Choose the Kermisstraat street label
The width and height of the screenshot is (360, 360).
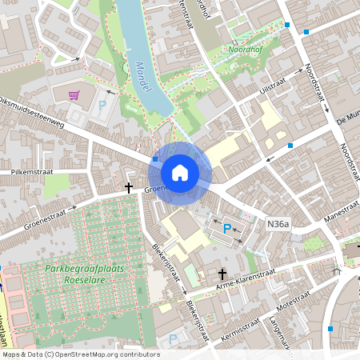click(x=245, y=331)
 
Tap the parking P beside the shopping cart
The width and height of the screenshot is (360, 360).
click(x=102, y=103)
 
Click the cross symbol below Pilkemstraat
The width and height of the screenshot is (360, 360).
click(x=128, y=187)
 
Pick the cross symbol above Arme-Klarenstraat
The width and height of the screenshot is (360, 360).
click(x=223, y=274)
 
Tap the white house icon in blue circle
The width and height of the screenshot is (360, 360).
click(x=180, y=172)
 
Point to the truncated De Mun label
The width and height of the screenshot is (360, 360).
click(x=349, y=118)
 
